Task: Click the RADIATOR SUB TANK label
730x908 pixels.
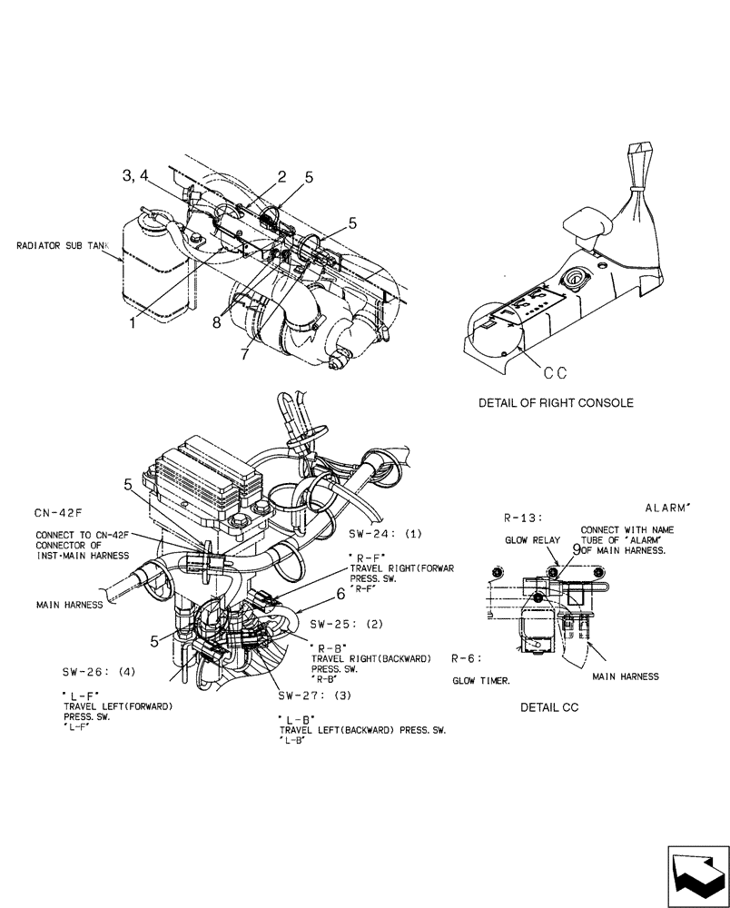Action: coord(69,245)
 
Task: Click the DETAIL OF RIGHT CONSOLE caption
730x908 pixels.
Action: coord(556,402)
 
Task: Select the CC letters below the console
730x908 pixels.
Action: coord(555,371)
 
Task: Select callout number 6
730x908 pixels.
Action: coord(340,593)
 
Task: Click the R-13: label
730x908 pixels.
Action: coord(523,518)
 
